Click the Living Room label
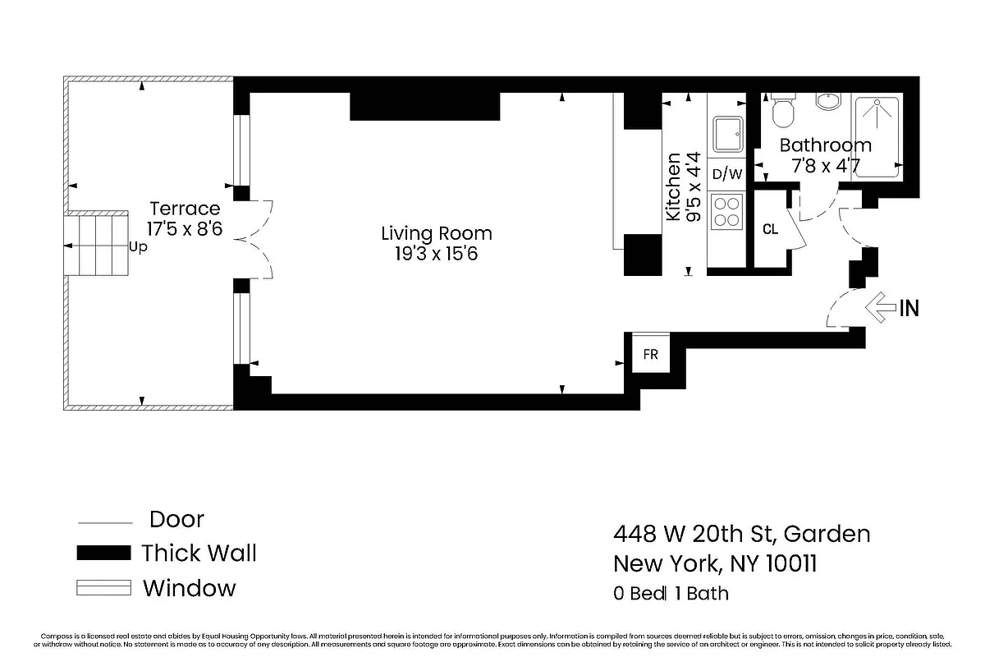(x=436, y=233)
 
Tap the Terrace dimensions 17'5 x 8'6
(x=184, y=228)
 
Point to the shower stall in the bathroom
(x=877, y=134)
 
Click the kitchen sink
(x=727, y=134)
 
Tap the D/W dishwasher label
(x=727, y=174)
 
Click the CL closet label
(x=770, y=229)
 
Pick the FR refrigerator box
(x=650, y=355)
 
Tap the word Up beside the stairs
(x=139, y=247)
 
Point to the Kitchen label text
(x=673, y=186)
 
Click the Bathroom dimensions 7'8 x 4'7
(x=825, y=165)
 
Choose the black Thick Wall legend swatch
(x=103, y=553)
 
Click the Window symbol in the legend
(x=103, y=588)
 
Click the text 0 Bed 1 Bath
(x=671, y=593)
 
